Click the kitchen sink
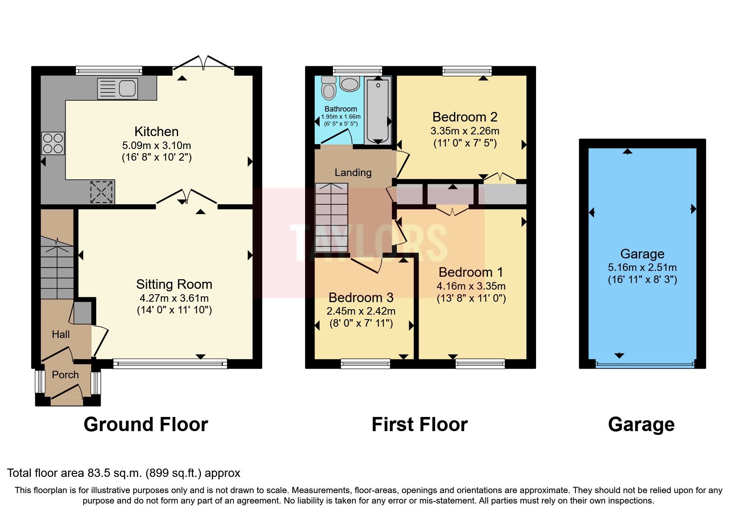pos(117,89)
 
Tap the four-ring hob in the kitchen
pos(53,143)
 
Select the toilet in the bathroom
pos(329,88)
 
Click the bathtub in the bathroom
pos(377,110)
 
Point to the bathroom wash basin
pos(350,84)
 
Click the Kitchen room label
pos(156,131)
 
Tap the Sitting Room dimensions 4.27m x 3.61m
pos(174,298)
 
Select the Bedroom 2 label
pos(464,117)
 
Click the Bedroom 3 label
pos(360,298)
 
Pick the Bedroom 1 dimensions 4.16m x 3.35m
pos(471,286)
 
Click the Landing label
pos(353,172)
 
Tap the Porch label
pos(65,375)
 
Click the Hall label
pos(61,334)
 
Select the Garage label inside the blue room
pos(642,253)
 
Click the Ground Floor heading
pos(146,424)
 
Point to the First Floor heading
pos(419,424)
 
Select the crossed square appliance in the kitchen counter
pos(102,192)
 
